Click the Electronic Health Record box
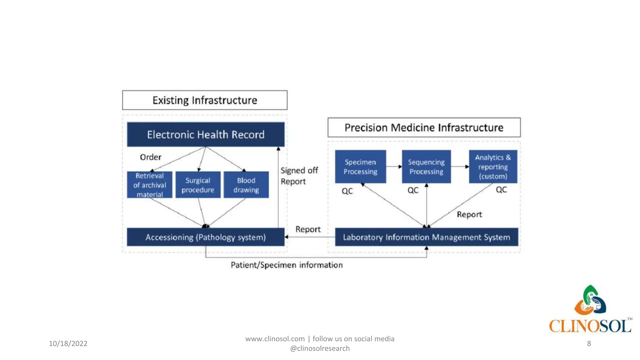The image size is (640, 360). coord(206,134)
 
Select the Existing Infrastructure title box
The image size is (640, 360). coord(205,100)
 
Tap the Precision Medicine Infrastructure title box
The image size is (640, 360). coord(424,127)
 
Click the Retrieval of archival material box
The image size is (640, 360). coord(149,185)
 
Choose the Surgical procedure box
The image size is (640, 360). coord(198,185)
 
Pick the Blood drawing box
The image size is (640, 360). coord(246,185)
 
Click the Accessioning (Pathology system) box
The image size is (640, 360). coord(206,237)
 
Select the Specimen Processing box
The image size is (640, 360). coord(360,167)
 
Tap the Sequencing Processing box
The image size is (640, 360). coord(426,167)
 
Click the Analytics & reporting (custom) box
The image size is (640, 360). coord(493,167)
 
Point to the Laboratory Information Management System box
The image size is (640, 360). coord(426,237)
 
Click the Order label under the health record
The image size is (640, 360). coord(151,157)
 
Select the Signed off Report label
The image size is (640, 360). coord(299,176)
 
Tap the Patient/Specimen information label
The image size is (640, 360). coord(287,265)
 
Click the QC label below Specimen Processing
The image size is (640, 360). coord(347,191)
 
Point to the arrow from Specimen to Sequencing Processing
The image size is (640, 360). coord(394,167)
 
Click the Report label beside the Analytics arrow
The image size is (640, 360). coord(469,214)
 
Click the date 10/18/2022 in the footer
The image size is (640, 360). coord(68,343)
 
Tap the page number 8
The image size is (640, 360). coord(589,343)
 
